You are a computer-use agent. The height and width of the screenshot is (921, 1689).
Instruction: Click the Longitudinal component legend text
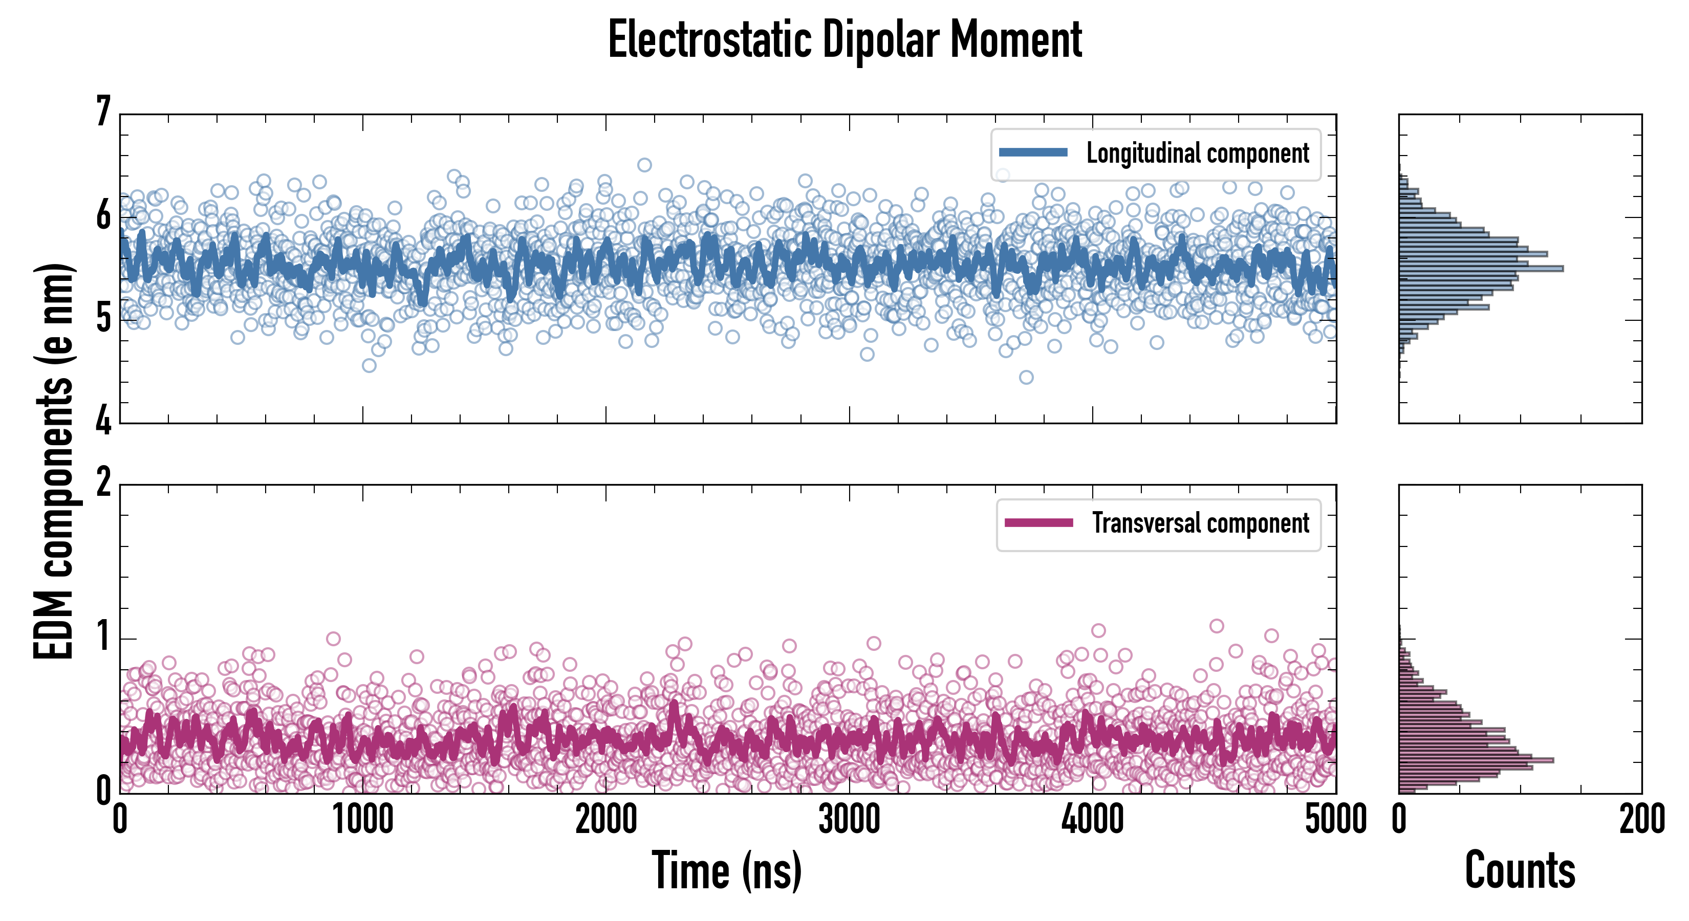point(1197,153)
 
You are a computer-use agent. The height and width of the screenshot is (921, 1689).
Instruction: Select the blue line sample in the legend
point(1033,153)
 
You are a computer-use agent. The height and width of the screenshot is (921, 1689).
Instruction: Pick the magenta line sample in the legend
point(1038,522)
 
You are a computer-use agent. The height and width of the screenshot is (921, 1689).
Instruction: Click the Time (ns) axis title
point(726,870)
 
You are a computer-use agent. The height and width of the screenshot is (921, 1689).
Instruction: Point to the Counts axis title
point(1520,870)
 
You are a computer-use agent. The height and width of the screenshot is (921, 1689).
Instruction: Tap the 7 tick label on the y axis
point(103,112)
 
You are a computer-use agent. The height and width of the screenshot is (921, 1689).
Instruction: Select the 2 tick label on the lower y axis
point(103,483)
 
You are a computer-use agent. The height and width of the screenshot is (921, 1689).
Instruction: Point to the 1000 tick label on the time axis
point(362,819)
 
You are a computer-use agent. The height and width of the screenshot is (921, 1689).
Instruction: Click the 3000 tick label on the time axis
point(849,819)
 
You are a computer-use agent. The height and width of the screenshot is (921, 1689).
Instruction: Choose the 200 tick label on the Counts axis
point(1641,819)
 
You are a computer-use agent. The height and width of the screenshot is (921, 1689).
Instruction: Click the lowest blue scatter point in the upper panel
point(1026,378)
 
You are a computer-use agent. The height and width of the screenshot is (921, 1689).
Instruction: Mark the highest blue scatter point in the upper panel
point(644,165)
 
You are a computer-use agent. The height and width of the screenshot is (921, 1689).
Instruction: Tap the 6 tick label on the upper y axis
point(103,215)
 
